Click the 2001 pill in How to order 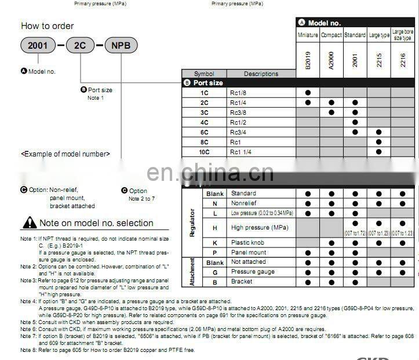(x=38, y=45)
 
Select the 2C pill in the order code (x=80, y=45)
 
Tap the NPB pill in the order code (x=121, y=45)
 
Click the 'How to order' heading (x=48, y=26)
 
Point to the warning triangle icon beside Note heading (x=29, y=223)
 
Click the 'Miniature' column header (x=308, y=35)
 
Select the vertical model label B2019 (x=308, y=60)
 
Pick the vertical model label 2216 (x=402, y=60)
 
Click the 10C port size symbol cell (x=204, y=152)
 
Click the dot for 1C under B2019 (x=308, y=93)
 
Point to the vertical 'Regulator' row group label (x=192, y=223)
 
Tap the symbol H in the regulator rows (x=215, y=228)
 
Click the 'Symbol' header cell (x=204, y=74)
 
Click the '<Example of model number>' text (x=65, y=154)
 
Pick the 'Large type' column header (x=379, y=35)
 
